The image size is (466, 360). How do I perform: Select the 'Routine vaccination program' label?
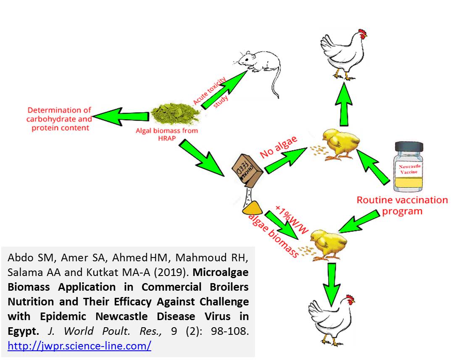pyautogui.click(x=402, y=205)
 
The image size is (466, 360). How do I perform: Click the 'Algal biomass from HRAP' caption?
pyautogui.click(x=167, y=134)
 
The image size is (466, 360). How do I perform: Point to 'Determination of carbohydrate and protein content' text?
pyautogui.click(x=59, y=119)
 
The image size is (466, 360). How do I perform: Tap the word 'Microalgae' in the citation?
pyautogui.click(x=221, y=272)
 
